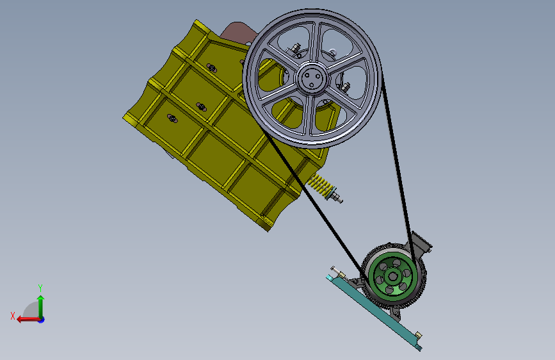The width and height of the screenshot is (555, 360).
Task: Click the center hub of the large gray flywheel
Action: (x=312, y=78)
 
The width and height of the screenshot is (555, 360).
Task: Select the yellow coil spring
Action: (x=319, y=185)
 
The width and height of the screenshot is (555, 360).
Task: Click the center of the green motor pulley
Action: (x=392, y=276)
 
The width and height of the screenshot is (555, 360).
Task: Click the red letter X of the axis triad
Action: (x=13, y=316)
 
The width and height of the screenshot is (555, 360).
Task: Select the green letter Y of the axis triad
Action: (x=40, y=288)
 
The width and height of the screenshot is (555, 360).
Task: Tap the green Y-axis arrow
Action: (x=41, y=307)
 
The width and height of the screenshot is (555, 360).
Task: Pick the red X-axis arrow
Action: (x=29, y=320)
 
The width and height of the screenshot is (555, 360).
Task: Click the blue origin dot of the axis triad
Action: (x=42, y=320)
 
